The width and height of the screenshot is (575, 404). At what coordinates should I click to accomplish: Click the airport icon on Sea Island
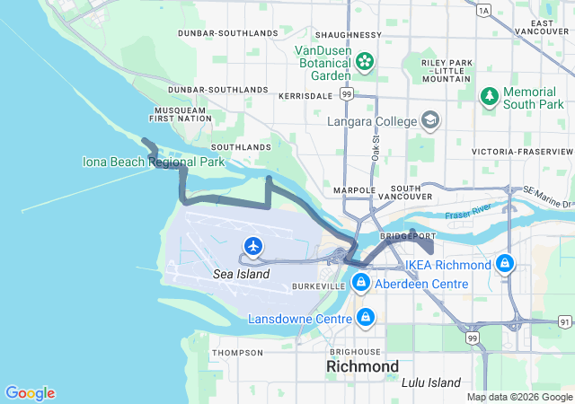[x=254, y=245]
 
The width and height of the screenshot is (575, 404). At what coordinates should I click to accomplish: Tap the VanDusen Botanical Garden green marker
[x=365, y=61]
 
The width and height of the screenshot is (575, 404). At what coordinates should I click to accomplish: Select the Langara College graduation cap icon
[x=430, y=120]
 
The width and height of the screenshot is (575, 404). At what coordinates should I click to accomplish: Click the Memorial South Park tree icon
[x=490, y=94]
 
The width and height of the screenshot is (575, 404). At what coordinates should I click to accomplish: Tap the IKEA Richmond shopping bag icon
[x=505, y=264]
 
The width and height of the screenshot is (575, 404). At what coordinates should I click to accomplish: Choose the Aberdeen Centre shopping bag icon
[x=360, y=283]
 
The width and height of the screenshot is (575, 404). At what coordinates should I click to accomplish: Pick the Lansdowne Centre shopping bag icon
[x=366, y=318]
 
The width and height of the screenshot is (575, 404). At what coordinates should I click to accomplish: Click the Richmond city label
[x=362, y=367]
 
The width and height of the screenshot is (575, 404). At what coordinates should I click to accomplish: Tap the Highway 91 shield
[x=563, y=321]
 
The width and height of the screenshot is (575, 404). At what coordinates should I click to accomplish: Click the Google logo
[x=30, y=393]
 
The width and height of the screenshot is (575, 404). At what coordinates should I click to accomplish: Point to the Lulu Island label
[x=434, y=382]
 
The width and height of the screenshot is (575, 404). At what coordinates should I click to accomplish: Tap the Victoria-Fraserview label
[x=522, y=151]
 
